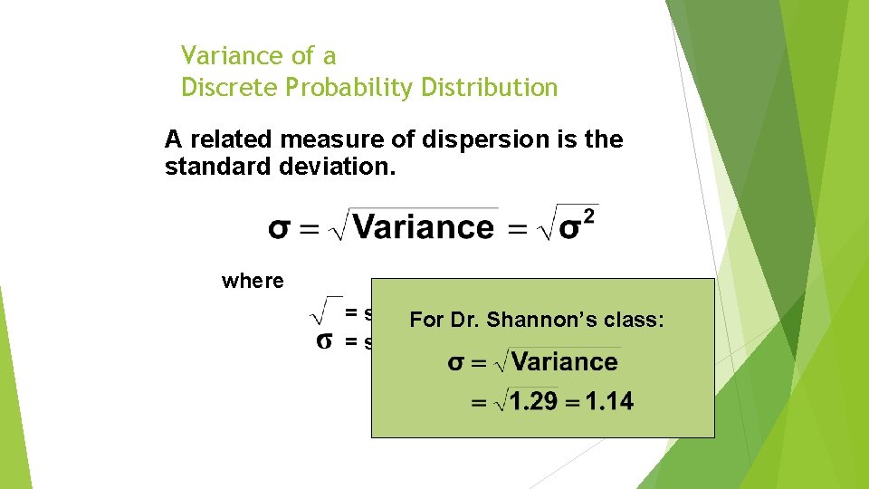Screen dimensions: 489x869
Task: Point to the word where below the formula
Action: tap(253, 281)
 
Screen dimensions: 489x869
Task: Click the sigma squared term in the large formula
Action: tap(578, 225)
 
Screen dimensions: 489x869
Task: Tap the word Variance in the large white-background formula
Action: tap(424, 226)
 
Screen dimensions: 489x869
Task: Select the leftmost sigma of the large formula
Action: tap(280, 227)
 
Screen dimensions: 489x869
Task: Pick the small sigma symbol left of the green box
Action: tap(323, 341)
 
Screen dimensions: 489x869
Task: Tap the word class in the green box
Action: tap(637, 320)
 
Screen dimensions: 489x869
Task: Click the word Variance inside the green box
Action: tap(564, 362)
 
